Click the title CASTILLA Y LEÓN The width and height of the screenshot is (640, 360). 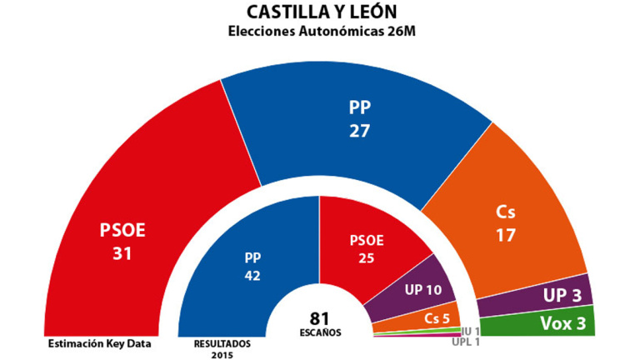(x=321, y=12)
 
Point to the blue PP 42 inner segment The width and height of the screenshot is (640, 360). (x=250, y=267)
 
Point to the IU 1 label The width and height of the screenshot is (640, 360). (x=472, y=331)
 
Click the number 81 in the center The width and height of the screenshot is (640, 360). (x=320, y=317)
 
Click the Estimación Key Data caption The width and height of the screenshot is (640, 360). (x=89, y=342)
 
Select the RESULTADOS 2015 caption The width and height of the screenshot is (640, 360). (x=222, y=346)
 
